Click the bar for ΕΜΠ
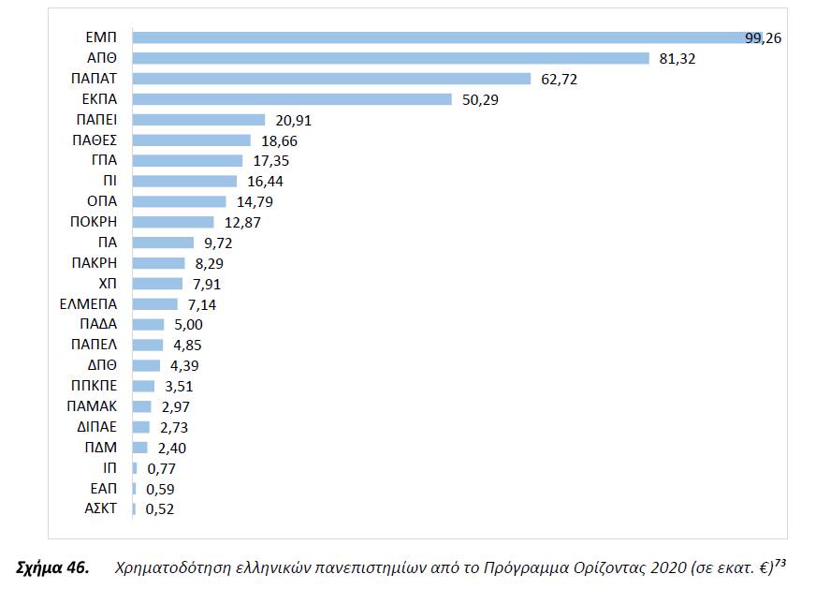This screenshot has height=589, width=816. [x=449, y=37]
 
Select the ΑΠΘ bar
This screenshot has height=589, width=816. [x=390, y=58]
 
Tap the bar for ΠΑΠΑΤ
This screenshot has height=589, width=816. [x=331, y=79]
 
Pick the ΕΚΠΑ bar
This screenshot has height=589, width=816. [x=292, y=99]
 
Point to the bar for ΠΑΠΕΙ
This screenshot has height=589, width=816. [x=199, y=120]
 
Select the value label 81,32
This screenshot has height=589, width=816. [x=678, y=58]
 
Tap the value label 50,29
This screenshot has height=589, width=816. [x=480, y=99]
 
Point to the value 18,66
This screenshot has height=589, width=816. [x=279, y=140]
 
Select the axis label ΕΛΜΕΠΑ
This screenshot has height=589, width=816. [x=88, y=304]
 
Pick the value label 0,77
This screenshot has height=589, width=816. [x=162, y=468]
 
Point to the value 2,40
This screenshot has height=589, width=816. [x=171, y=448]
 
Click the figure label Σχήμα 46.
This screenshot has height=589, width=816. [x=53, y=567]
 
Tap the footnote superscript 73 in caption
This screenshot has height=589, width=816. [x=780, y=562]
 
